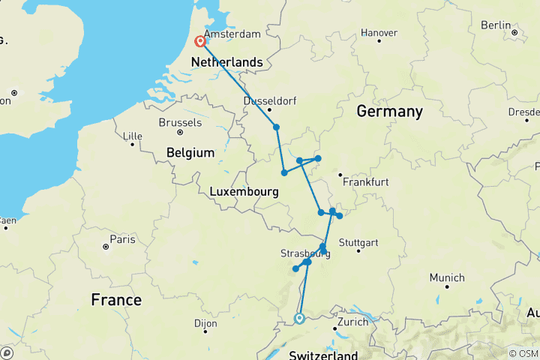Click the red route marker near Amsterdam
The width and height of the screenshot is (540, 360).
coord(200,42)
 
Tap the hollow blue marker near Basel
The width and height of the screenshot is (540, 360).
coord(299,319)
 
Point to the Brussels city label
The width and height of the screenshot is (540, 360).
coord(180,122)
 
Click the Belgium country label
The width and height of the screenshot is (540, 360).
coord(190,152)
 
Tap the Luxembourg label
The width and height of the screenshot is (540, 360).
coord(244,192)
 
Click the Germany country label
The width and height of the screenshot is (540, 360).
coord(389,111)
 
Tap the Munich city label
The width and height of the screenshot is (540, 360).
coord(447,277)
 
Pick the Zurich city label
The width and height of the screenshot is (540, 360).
coord(352,322)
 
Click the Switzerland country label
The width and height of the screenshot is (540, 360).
coord(323,354)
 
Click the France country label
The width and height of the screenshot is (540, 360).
coord(116,300)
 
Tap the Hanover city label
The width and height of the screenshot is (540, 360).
coord(379,33)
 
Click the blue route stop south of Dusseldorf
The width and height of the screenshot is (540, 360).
coord(277,127)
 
